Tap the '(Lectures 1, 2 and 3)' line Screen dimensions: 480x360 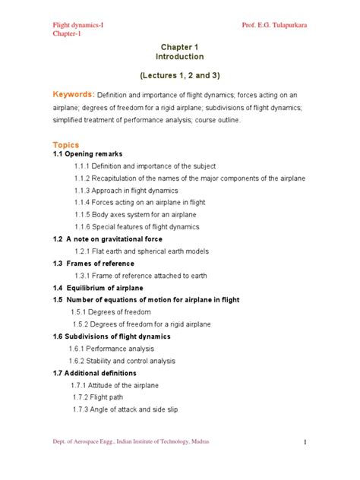pyautogui.click(x=180, y=77)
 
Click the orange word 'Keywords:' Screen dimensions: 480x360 pyautogui.click(x=74, y=94)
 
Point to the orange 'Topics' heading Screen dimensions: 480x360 pyautogui.click(x=65, y=144)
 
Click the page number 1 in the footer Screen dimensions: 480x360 pyautogui.click(x=303, y=442)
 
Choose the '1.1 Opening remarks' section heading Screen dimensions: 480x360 pyautogui.click(x=87, y=154)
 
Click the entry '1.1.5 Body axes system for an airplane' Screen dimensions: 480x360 pyautogui.click(x=135, y=215)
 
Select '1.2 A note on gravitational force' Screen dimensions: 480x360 pyautogui.click(x=107, y=238)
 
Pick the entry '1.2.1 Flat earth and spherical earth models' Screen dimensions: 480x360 pyautogui.click(x=151, y=251)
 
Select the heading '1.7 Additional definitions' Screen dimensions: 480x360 pyautogui.click(x=95, y=374)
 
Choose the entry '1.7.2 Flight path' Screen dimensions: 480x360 pyautogui.click(x=107, y=397)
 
